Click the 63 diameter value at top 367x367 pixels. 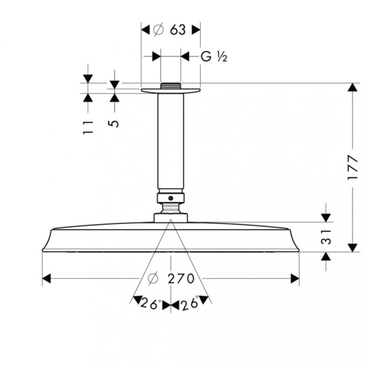coord(178,30)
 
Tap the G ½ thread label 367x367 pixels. coord(214,57)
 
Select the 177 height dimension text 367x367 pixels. coord(353,168)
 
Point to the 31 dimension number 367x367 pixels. coord(326,237)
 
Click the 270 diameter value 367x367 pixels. coord(181,278)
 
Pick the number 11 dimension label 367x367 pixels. coord(88,128)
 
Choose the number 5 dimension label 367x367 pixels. coord(114,124)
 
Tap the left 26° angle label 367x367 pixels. coord(150,304)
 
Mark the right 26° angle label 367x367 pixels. coord(190,303)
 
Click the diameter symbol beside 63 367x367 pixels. coord(158,30)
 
